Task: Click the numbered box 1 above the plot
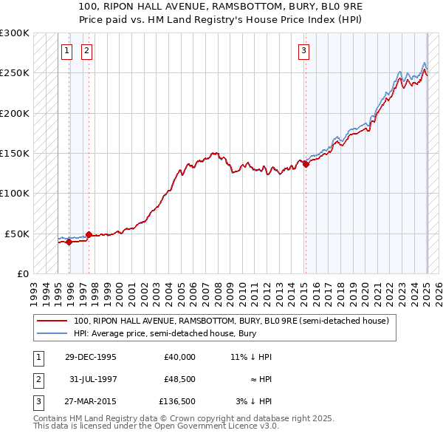coord(66,50)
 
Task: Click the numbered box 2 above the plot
coord(86,50)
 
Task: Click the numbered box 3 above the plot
coord(303,50)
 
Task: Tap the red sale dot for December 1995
coord(69,242)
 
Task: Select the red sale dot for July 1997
coord(89,235)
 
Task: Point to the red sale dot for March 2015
coord(306,164)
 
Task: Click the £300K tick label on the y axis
coord(15,33)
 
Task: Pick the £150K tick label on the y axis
coord(15,154)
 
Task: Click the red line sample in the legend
coord(53,321)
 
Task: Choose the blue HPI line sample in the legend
coord(53,333)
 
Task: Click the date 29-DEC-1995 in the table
coord(91,357)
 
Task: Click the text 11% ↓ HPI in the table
coord(251,357)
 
